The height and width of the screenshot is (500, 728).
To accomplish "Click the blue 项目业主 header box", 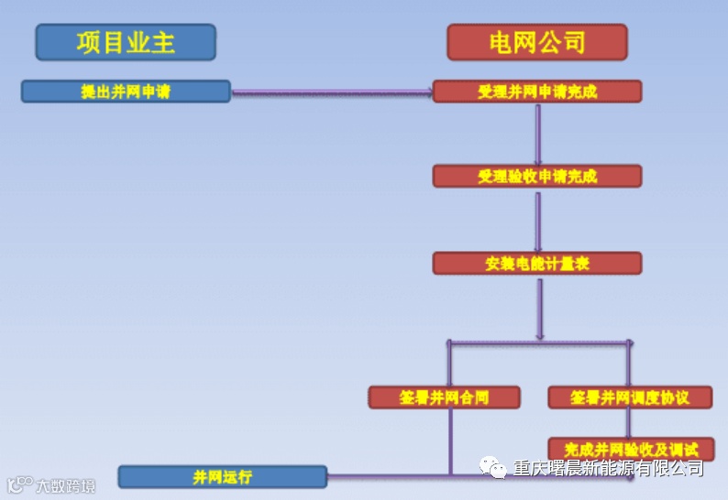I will click(126, 42).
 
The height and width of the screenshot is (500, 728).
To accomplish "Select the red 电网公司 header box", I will click(537, 42).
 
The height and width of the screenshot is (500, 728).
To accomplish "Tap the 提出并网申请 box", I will click(126, 92).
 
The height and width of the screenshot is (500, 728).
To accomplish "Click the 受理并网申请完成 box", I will click(537, 92).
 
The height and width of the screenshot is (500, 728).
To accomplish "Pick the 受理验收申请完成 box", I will click(537, 176).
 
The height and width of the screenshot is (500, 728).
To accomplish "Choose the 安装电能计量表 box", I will click(537, 264).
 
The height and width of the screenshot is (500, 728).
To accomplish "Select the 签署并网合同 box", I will click(445, 397).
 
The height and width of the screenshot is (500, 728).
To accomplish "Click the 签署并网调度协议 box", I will click(629, 397).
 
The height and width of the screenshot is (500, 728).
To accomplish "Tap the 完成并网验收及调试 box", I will click(631, 449).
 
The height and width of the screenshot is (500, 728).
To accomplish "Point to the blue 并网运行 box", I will click(223, 477).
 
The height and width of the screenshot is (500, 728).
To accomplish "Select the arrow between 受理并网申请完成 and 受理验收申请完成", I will click(538, 133).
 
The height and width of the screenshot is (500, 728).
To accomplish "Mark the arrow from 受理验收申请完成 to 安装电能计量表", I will click(538, 220).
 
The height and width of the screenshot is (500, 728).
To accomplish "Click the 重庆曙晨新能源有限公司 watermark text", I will click(609, 469).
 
